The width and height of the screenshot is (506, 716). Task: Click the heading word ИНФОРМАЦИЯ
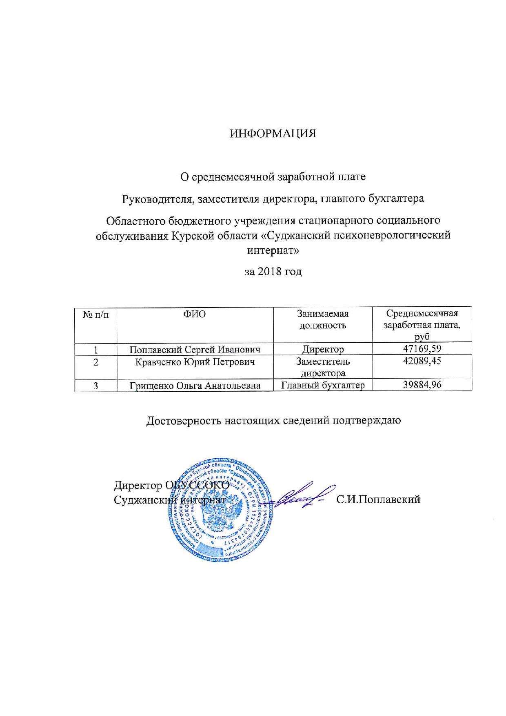[x=273, y=134]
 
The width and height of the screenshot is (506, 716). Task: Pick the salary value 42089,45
[x=422, y=361]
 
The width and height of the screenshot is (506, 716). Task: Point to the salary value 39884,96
[x=422, y=384]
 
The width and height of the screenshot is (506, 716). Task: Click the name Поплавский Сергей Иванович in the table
[x=195, y=349]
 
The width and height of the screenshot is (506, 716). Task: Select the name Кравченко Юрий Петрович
[x=195, y=361]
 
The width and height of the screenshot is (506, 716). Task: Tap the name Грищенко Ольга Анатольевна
[x=195, y=385]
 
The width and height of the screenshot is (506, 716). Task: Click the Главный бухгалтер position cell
[x=323, y=385]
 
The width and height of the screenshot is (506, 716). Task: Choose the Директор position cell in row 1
[x=323, y=349]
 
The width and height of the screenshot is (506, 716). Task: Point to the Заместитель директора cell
[x=323, y=367]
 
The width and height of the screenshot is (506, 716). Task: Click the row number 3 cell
[x=96, y=385]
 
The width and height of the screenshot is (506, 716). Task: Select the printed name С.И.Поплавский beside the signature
[x=378, y=499]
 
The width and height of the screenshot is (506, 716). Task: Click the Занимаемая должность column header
[x=323, y=319]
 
